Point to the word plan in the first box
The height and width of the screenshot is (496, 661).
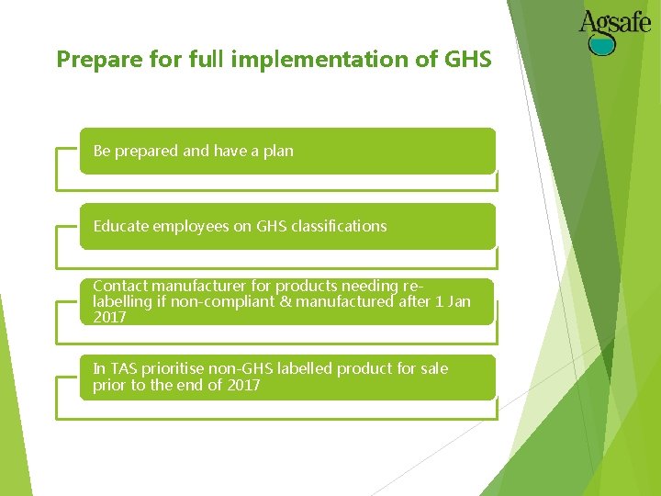[x=278, y=151]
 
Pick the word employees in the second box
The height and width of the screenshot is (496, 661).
[x=192, y=226]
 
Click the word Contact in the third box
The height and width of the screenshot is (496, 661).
[x=119, y=286]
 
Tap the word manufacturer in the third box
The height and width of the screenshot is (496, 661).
[x=197, y=286]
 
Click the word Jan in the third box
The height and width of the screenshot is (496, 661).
[x=460, y=301]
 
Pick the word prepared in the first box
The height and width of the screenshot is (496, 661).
[x=147, y=151]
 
